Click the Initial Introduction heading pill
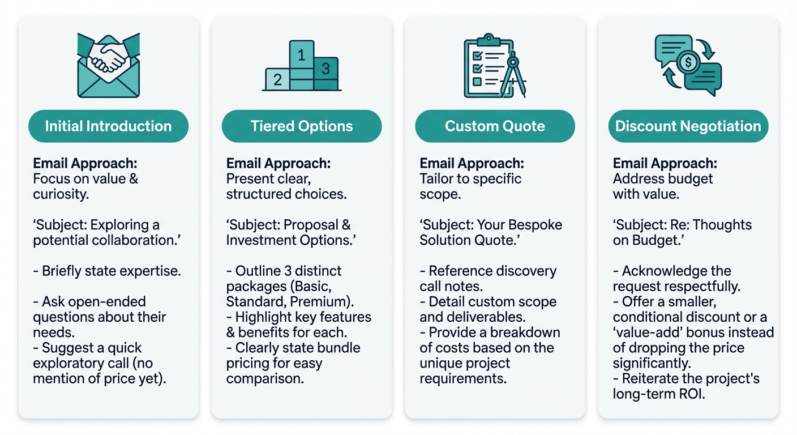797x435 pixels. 108,126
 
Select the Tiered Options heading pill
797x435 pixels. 302,126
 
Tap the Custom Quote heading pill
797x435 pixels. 495,126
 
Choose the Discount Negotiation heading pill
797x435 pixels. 688,126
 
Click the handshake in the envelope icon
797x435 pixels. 108,57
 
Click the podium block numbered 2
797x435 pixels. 277,79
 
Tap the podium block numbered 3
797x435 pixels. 325,73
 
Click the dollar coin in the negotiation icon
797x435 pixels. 688,63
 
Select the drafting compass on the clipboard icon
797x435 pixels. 513,74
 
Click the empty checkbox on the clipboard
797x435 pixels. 477,82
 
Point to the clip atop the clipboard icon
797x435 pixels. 489,40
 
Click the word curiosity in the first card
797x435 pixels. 61,194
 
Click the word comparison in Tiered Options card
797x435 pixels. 265,379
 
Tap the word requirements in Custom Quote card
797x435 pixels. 463,379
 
